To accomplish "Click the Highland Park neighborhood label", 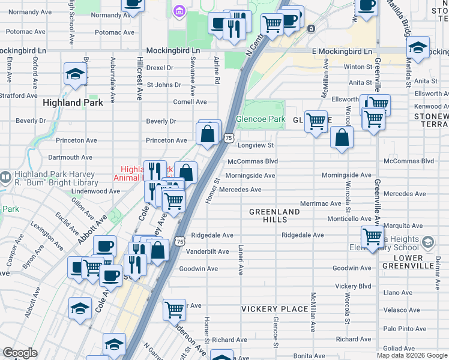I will (x=73, y=103).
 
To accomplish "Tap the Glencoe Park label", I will (x=261, y=119).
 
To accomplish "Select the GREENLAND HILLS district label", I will (x=274, y=216).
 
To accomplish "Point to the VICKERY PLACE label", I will (x=274, y=309).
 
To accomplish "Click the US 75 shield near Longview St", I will (x=229, y=138).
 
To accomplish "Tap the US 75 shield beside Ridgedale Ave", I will (x=179, y=241).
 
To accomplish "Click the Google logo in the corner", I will (x=20, y=353).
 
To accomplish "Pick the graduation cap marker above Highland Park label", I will (x=76, y=74).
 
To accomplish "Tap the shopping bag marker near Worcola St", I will (x=342, y=137).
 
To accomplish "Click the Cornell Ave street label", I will (x=190, y=102).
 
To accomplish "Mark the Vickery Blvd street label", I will (x=354, y=286).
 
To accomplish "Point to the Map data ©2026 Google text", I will (x=412, y=355).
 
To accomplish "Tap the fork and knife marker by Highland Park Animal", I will (x=154, y=171).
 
